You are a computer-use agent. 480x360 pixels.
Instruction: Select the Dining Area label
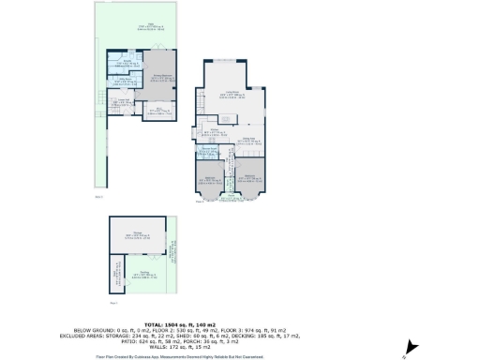click(x=250, y=140)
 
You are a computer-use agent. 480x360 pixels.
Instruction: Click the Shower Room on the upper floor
click(x=208, y=150)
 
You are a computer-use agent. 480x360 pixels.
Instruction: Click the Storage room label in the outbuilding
click(x=137, y=234)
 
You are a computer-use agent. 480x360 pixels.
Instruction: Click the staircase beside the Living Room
click(x=201, y=98)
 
